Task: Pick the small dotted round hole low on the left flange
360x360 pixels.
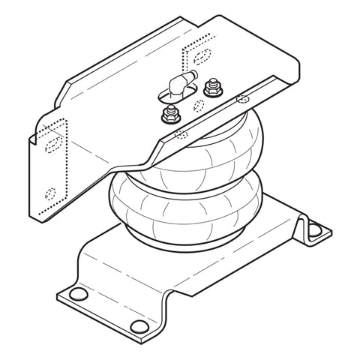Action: (x=50, y=192)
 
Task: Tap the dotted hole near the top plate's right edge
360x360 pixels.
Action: (x=241, y=98)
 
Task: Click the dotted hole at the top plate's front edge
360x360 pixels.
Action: (x=181, y=135)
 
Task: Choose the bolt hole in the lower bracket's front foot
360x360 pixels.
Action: (x=139, y=325)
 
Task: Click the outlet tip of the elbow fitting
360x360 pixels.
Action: (x=191, y=76)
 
